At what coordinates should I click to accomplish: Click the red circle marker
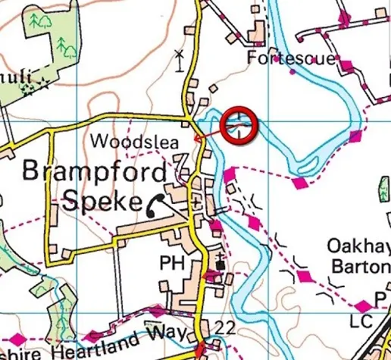coord(240,124)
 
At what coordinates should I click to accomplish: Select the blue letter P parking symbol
coord(381,296)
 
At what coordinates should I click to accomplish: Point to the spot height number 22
coord(225,327)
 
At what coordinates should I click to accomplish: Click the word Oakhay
coord(357,246)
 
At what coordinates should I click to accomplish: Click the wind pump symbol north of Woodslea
coord(180,59)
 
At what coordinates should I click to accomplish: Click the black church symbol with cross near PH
coord(220,266)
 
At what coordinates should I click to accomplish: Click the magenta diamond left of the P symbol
coord(363,305)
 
